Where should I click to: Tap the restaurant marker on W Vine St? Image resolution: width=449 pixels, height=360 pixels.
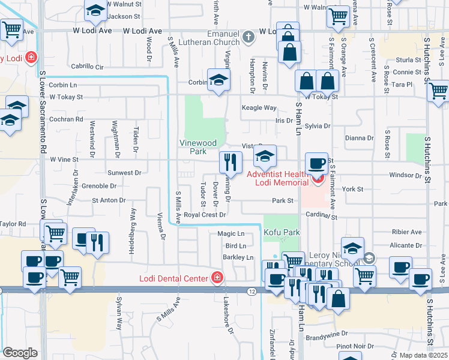coord(231,161)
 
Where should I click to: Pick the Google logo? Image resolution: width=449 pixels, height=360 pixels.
coord(20,352)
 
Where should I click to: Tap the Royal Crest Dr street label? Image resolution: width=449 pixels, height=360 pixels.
coord(205,214)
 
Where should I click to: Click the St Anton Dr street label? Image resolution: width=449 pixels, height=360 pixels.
coord(108,200)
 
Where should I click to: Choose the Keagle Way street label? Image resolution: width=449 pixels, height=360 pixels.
coord(259,108)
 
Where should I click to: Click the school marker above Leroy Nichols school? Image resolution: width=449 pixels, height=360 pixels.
coord(352,248)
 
